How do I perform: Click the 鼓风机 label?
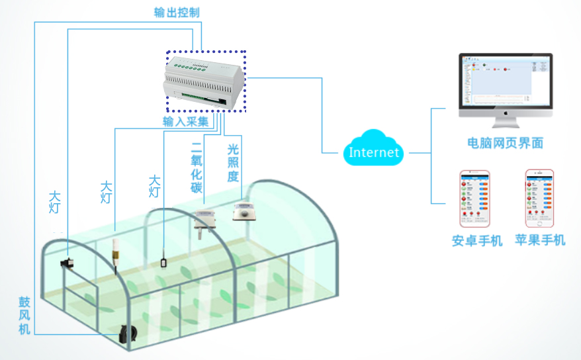click(x=24, y=315)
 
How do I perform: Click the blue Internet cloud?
click(x=374, y=152)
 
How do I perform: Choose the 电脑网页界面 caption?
click(x=505, y=142)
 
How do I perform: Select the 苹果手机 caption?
click(x=540, y=240)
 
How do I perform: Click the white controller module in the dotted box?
click(x=204, y=82)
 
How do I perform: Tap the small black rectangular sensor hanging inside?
click(x=163, y=263)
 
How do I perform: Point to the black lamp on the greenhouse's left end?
click(x=67, y=263)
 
